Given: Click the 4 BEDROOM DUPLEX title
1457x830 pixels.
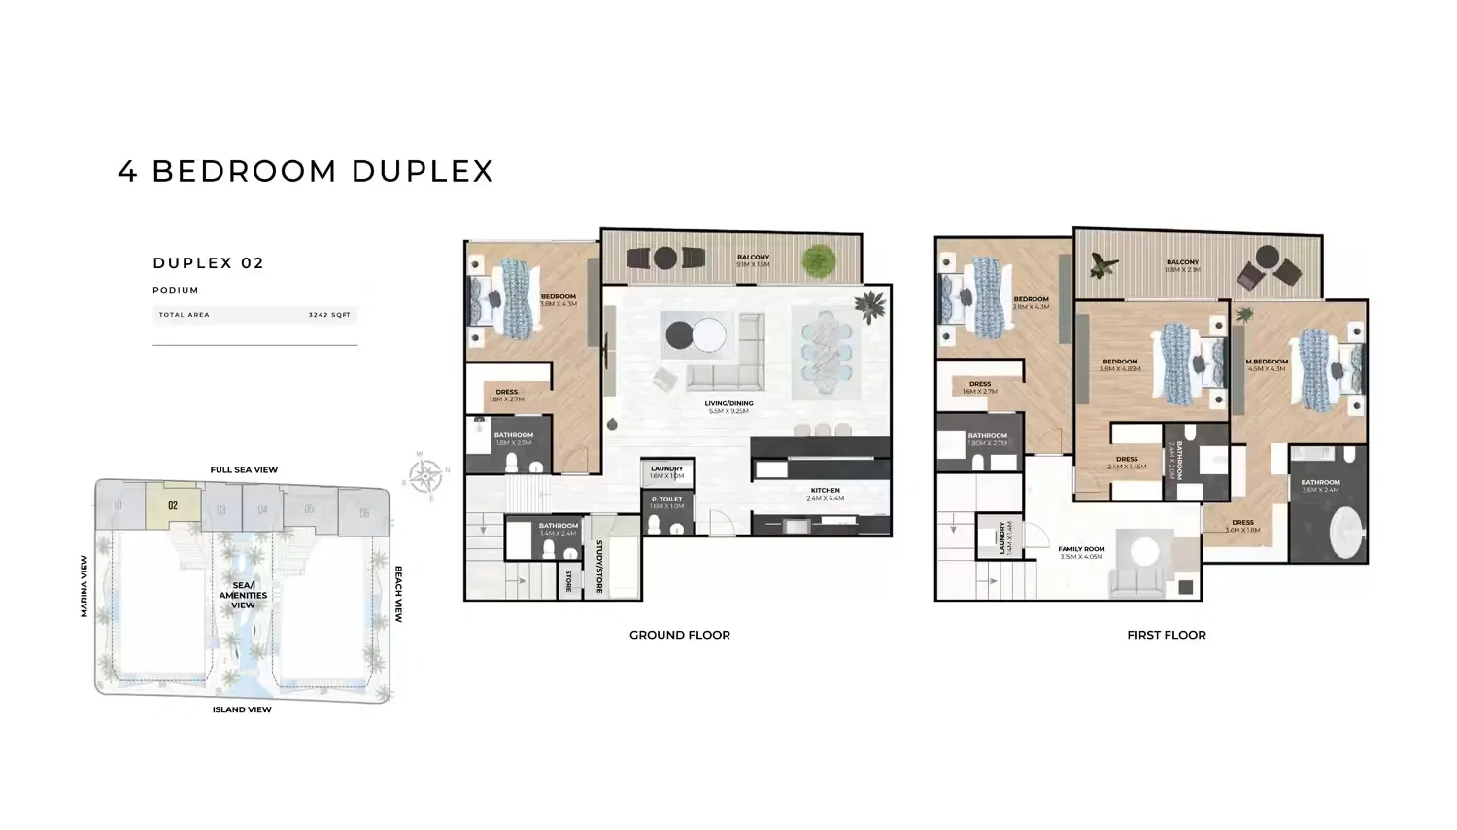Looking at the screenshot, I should click(306, 171).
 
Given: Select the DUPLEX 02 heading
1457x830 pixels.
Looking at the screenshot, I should click(209, 263).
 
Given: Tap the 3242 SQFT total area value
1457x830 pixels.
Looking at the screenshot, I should click(329, 315).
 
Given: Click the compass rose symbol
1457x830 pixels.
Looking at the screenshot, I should click(424, 476).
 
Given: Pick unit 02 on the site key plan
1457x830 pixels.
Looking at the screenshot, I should click(173, 505).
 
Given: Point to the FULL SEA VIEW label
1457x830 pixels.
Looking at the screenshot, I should click(244, 470).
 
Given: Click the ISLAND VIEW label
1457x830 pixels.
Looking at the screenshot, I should click(242, 710).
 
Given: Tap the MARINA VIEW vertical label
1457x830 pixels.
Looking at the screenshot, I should click(85, 586).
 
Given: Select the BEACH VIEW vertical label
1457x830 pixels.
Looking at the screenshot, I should click(398, 594).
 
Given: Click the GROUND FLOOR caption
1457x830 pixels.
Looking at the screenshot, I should click(679, 635).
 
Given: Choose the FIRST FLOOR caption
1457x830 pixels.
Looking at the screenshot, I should click(1166, 635).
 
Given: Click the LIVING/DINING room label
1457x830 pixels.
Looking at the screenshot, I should click(728, 404).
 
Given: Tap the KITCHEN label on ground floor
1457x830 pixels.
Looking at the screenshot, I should click(825, 491).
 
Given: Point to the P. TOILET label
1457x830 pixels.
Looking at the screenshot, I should click(666, 500).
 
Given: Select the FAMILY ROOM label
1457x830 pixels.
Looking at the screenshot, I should click(1081, 550).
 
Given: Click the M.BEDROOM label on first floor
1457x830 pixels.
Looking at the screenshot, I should click(1267, 363).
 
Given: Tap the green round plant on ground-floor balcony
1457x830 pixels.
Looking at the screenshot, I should click(819, 259).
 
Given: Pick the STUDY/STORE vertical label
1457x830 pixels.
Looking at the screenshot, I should click(599, 567).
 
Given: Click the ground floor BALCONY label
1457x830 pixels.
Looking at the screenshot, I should click(753, 258).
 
